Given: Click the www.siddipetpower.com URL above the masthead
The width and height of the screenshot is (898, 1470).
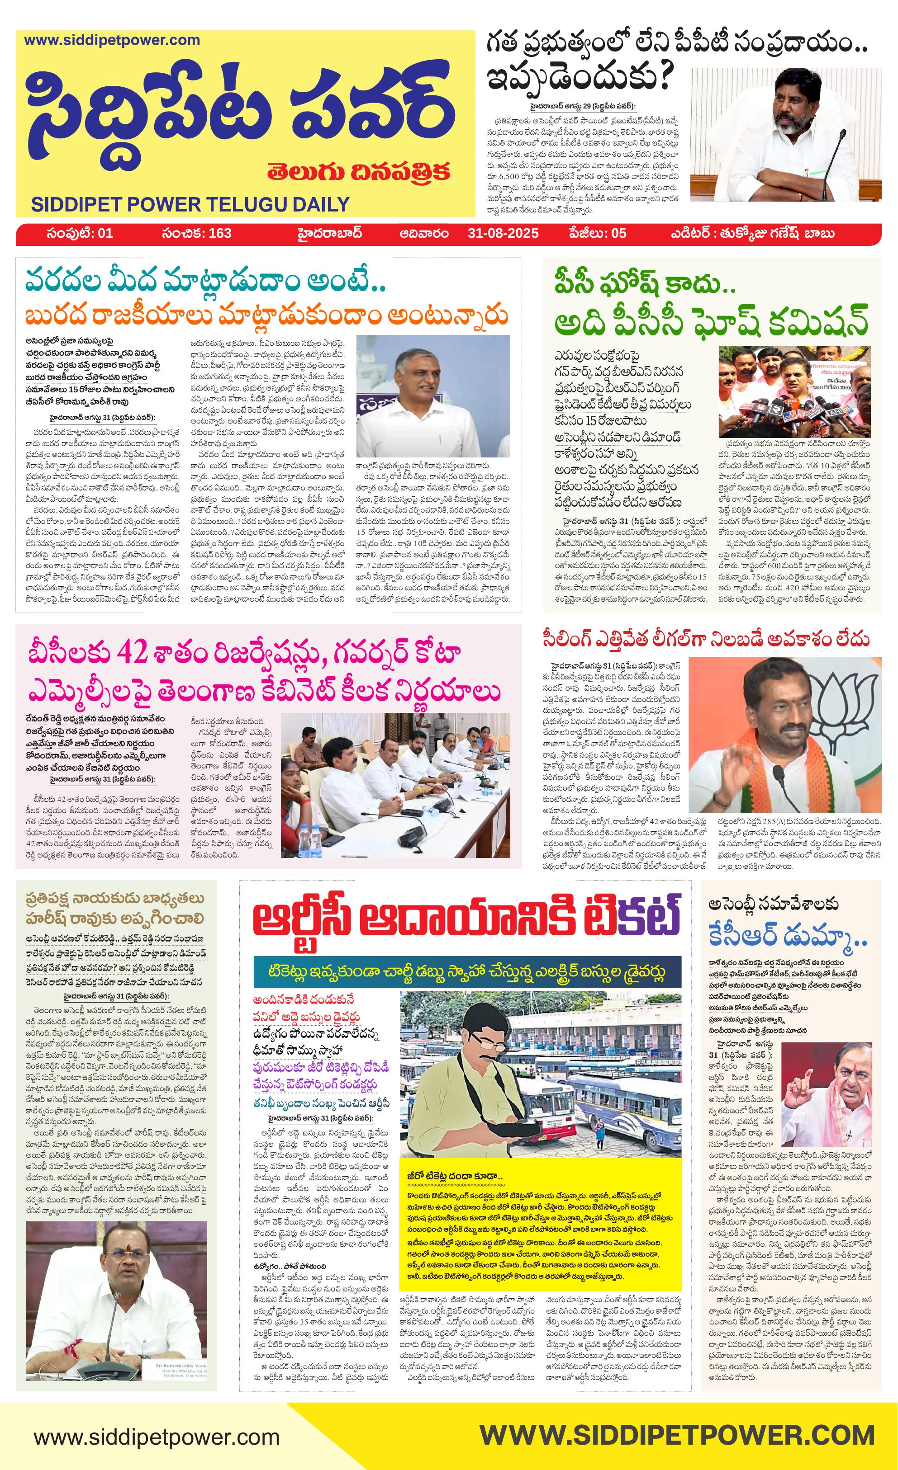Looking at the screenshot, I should pos(112,41).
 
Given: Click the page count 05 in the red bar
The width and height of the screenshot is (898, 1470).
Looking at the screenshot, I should pos(615,233).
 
